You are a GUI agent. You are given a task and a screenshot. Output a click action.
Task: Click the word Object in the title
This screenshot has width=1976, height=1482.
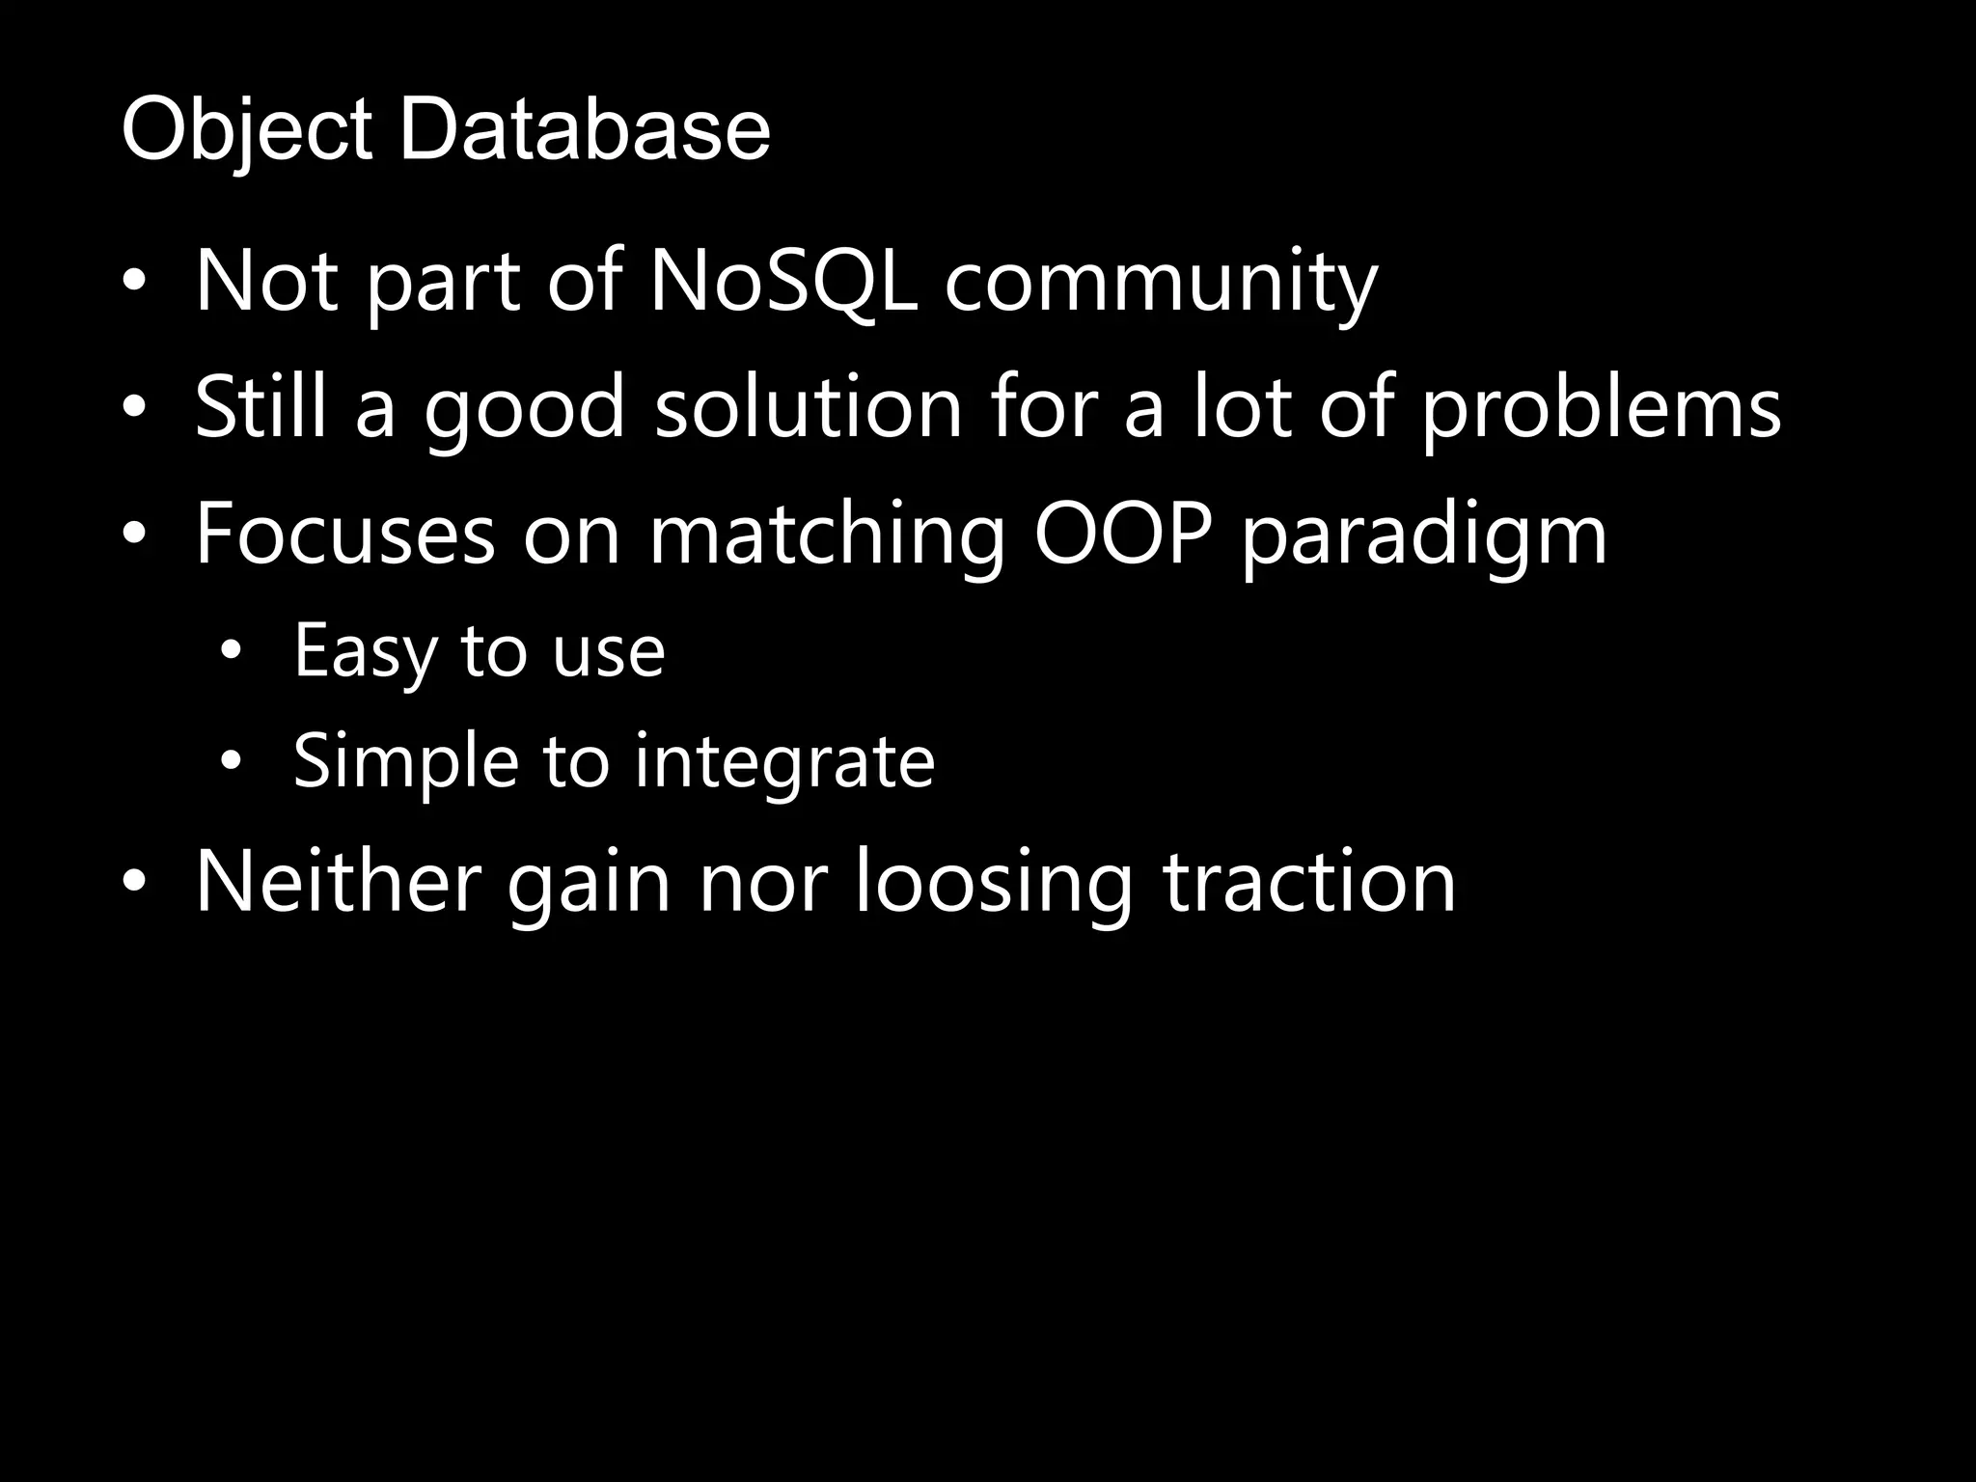point(247,131)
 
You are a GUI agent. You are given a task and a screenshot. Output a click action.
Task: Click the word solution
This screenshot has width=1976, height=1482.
point(809,407)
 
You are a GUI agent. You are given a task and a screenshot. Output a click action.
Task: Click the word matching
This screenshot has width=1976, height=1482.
point(828,536)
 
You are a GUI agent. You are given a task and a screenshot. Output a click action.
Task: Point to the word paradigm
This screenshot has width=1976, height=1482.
point(1424,536)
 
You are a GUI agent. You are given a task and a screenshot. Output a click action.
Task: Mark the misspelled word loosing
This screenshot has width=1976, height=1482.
point(994,883)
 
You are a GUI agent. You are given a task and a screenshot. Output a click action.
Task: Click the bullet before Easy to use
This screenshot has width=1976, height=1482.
point(231,653)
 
